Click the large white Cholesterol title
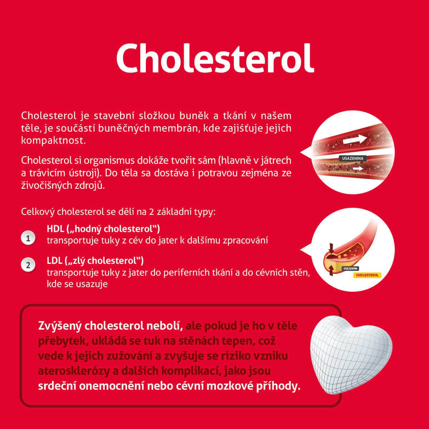pos(215,58)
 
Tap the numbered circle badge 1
pos(28,238)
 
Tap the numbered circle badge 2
pos(28,265)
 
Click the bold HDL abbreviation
pos(55,229)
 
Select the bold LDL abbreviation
pos(55,261)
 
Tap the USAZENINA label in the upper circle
pos(352,158)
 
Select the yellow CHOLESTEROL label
pos(367,275)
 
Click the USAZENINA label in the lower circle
pos(350,268)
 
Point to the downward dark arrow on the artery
pos(331,248)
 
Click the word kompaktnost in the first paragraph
pos(53,140)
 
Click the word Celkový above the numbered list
pos(38,212)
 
